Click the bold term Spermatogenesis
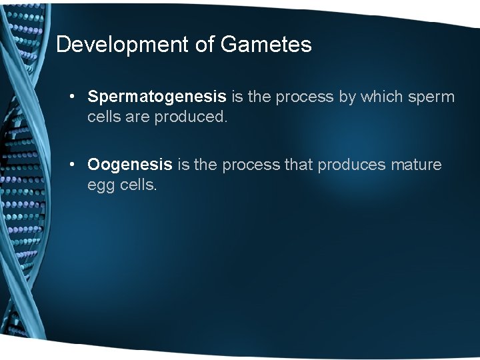[x=157, y=97]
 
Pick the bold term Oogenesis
[x=129, y=165]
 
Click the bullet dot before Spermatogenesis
[x=72, y=97]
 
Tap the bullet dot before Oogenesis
[x=72, y=165]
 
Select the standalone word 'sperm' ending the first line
[x=431, y=97]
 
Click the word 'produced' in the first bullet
[x=193, y=117]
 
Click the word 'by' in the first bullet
[x=347, y=97]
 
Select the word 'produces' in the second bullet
[x=351, y=165]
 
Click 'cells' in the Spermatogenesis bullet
[x=105, y=117]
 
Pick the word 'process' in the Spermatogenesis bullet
[x=305, y=97]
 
